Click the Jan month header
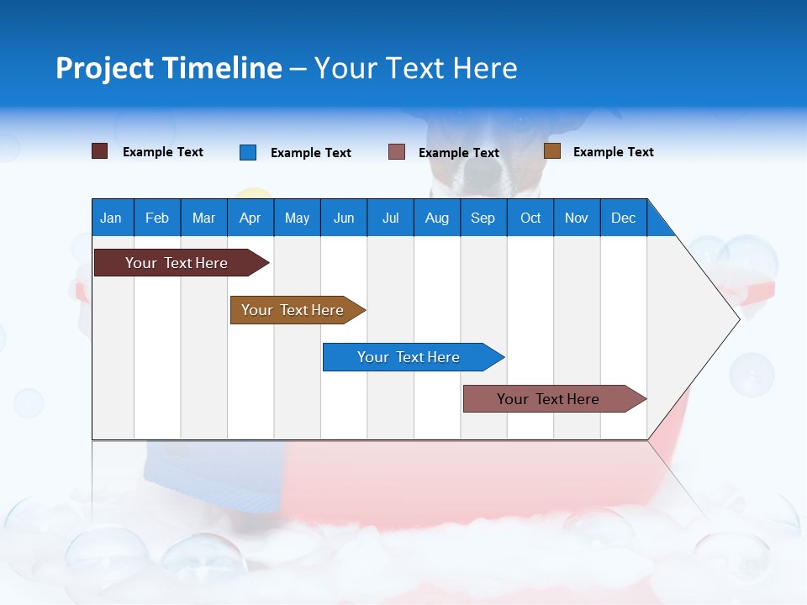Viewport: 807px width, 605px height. point(111,218)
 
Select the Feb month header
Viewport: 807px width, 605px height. point(157,218)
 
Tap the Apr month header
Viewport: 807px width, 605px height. point(250,218)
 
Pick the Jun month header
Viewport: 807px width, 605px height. point(343,218)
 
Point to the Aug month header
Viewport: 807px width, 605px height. point(436,218)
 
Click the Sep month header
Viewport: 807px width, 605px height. point(483,218)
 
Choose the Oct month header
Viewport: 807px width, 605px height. point(530,218)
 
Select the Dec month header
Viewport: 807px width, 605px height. point(623,218)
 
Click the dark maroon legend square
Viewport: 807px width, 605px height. point(100,151)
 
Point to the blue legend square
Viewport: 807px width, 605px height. point(248,152)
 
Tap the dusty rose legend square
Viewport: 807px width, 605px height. point(397,152)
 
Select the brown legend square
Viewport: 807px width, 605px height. point(551,151)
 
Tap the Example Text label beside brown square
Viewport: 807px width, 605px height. point(613,152)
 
